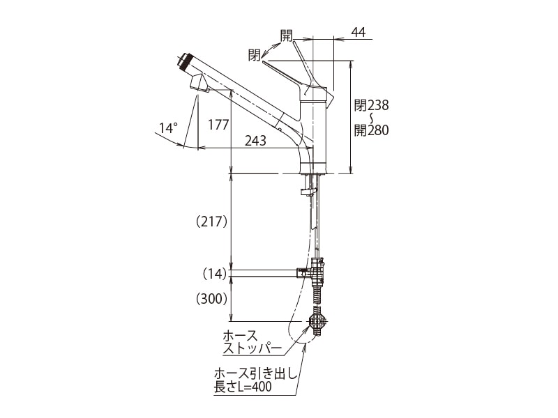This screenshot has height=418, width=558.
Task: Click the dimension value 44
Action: pos(359,32)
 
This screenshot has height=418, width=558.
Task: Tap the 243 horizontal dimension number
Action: pos(256,140)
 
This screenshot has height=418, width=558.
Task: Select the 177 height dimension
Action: pos(219,125)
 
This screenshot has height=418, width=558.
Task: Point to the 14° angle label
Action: pos(168,127)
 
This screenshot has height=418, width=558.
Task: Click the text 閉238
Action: pos(371,105)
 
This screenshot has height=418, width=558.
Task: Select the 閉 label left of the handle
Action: pos(254,54)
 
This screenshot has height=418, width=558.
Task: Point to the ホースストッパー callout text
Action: pos(252,341)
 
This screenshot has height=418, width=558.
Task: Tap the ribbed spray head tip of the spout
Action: pos(184,61)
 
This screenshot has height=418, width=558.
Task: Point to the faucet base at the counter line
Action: pos(313,168)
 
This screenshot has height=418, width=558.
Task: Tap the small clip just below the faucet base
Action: pos(309,191)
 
